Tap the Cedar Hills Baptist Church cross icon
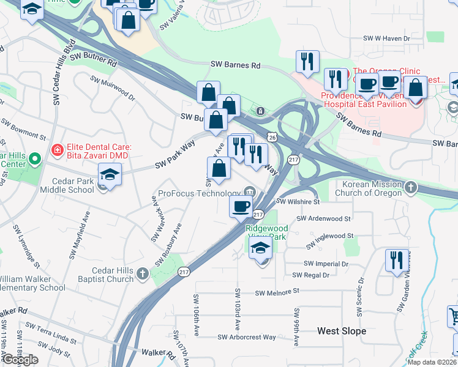(x=142, y=273)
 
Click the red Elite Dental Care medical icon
(x=58, y=149)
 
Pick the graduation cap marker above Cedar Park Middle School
(x=110, y=175)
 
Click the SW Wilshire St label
(x=298, y=201)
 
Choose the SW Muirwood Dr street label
(x=112, y=87)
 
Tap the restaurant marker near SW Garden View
(x=397, y=260)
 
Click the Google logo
(x=20, y=360)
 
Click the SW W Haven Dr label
(x=387, y=39)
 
